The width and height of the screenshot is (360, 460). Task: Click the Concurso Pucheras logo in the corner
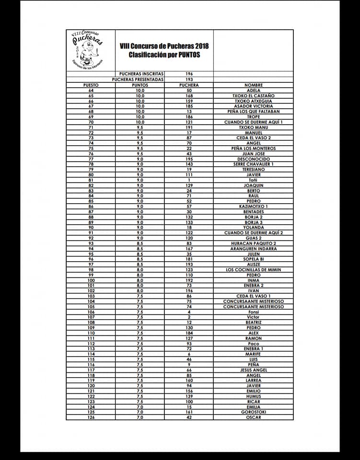[90, 50]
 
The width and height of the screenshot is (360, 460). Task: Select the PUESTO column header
[91, 85]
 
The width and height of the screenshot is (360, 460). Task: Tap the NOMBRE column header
[253, 85]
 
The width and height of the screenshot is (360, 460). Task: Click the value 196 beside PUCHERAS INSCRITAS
[189, 74]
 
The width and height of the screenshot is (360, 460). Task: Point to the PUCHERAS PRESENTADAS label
[138, 80]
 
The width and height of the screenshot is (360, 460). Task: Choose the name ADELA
[253, 91]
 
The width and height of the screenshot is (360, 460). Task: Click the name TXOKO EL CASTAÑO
[253, 96]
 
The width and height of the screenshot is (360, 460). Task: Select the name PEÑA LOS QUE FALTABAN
[253, 112]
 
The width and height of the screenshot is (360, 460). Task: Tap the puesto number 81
[91, 180]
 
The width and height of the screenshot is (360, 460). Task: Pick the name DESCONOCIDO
[253, 159]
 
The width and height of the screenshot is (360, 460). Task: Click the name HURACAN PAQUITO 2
[253, 243]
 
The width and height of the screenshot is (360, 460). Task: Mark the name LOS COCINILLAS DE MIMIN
[253, 270]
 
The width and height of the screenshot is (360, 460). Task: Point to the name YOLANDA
[253, 228]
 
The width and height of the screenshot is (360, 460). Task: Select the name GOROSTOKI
[253, 412]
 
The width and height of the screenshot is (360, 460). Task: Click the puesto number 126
[91, 417]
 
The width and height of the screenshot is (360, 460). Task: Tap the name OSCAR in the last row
[253, 417]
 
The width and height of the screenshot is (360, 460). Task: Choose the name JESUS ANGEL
[253, 370]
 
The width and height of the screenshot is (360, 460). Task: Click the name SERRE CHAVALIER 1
[253, 164]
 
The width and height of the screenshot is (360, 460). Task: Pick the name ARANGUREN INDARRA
[253, 249]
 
